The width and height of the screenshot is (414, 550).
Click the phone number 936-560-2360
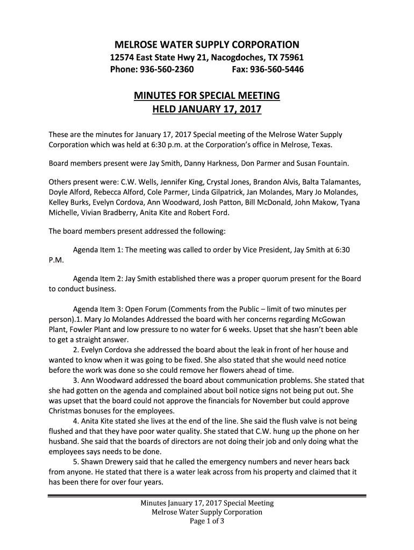pyautogui.click(x=167, y=70)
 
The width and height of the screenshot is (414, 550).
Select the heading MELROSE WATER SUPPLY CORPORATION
pyautogui.click(x=207, y=44)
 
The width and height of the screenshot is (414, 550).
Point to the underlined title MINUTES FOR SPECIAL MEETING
pyautogui.click(x=207, y=96)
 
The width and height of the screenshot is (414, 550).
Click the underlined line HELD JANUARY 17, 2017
pyautogui.click(x=207, y=110)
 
